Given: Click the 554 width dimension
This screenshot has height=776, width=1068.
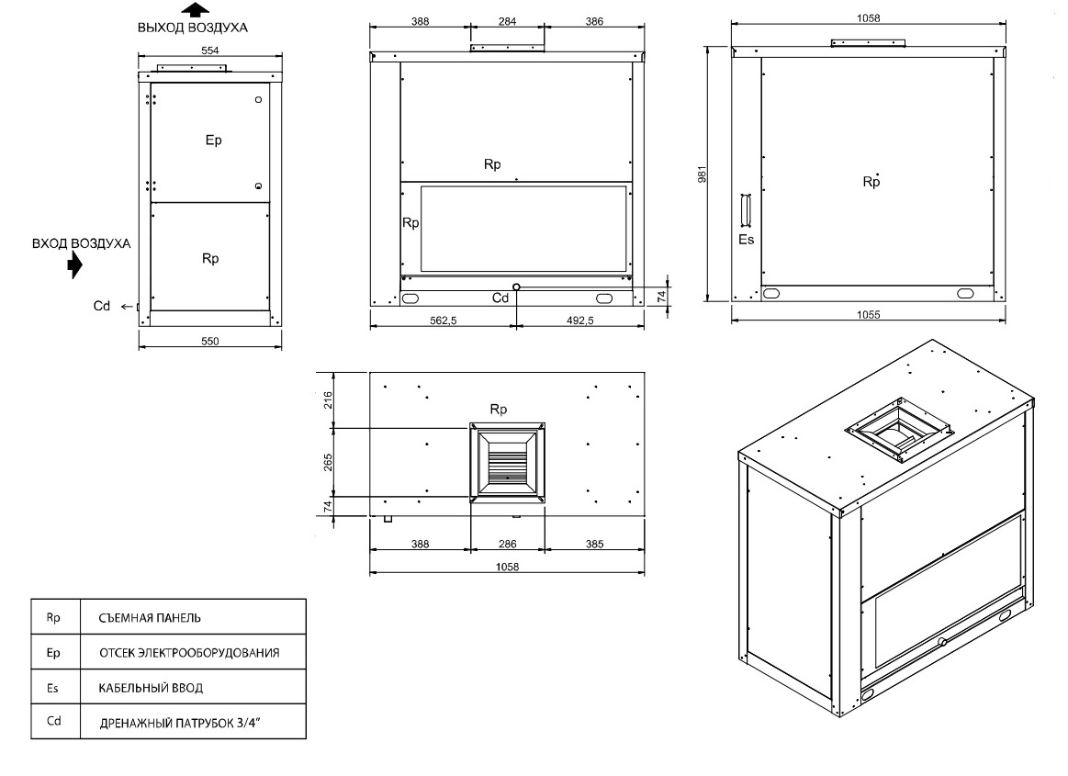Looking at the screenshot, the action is pos(209,51).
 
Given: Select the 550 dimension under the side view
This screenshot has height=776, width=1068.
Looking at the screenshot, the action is pos(209,342).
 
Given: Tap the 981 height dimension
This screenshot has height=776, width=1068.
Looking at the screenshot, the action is pos(703,174).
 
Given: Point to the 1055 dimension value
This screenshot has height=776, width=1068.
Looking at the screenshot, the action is pos(869,315).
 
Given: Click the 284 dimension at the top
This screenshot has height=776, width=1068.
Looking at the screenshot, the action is pos(508,21).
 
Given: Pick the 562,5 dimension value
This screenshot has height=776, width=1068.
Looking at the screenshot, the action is pos(444,321).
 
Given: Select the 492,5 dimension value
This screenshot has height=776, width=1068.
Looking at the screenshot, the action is pos(580,321).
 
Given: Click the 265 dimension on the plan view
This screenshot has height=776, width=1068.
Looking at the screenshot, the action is pos(329,463).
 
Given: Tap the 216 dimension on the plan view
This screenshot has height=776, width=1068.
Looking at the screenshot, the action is pos(329,399).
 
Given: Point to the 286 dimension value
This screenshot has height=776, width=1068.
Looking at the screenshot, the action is pos(508,544).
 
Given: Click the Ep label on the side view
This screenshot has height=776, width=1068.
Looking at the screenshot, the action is pos(214,141).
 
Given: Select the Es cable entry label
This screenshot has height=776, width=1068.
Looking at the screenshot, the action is pos(747,239).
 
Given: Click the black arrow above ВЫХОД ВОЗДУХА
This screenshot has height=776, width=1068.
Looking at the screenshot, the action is pos(196,9).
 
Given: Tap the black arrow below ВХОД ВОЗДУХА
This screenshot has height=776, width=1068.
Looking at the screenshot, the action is pos(75,265).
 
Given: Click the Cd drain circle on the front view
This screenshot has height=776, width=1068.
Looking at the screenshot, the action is pos(516,287).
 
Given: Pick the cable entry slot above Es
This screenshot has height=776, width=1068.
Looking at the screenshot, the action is pos(746,209).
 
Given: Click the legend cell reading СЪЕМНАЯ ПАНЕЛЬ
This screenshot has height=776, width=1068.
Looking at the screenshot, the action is pos(150,618).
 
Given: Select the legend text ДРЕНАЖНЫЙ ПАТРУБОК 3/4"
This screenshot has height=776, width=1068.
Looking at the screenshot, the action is pos(181,723).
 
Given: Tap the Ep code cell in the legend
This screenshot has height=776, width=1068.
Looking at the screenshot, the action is pos(53,653).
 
